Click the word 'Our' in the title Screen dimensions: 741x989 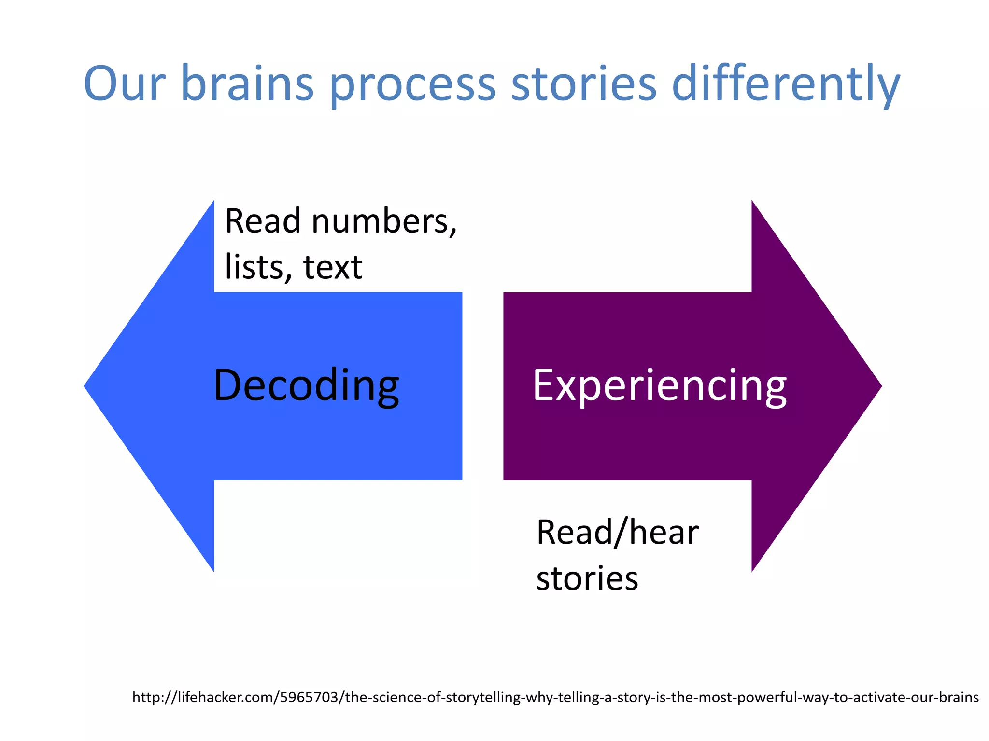[x=125, y=84]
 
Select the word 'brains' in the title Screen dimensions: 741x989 [x=247, y=84]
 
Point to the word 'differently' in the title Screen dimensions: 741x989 [x=786, y=84]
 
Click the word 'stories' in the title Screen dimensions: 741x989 [x=584, y=84]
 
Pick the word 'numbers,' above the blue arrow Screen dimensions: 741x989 [x=384, y=221]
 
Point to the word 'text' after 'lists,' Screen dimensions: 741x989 [x=333, y=267]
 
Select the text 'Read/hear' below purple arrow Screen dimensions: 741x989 [x=617, y=533]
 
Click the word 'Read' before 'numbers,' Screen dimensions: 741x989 [x=263, y=221]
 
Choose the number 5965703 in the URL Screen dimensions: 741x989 [x=309, y=697]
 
